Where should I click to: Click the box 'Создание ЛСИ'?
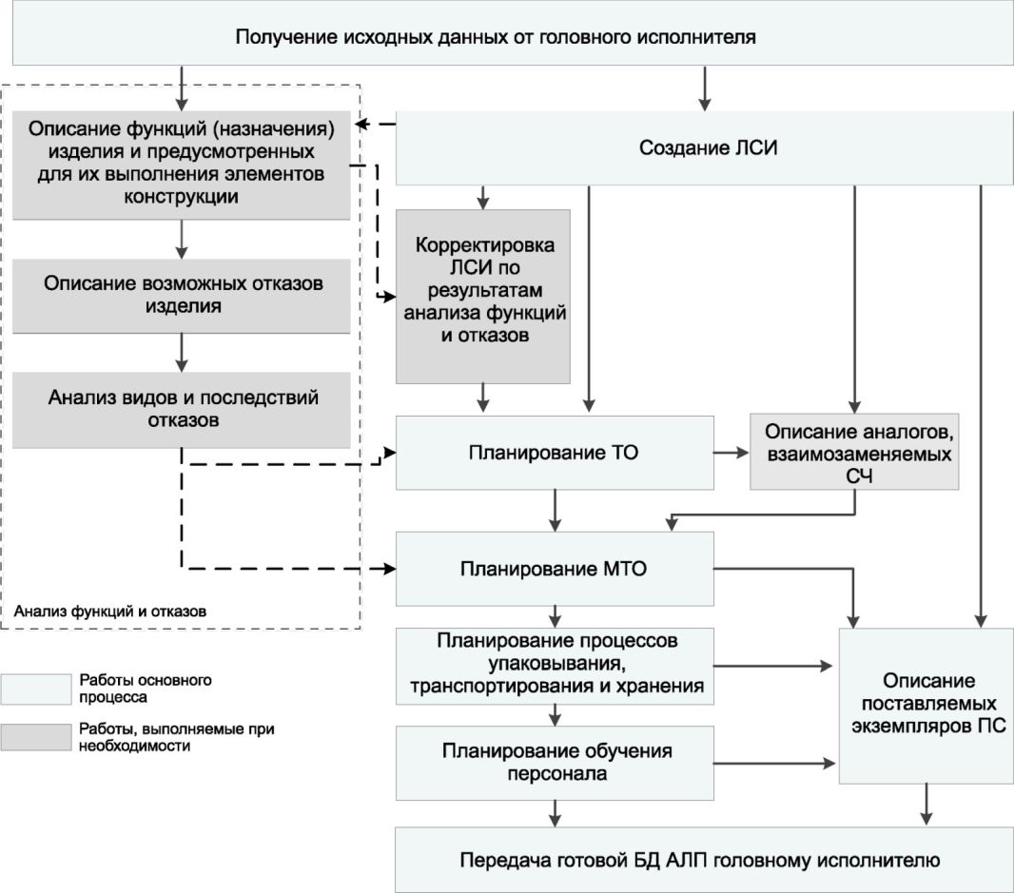tap(705, 148)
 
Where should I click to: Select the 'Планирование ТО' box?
tap(555, 453)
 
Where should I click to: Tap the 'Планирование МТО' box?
tap(555, 569)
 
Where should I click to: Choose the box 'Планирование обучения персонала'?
tap(555, 763)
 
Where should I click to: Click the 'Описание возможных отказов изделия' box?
tap(182, 296)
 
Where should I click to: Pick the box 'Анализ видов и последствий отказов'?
tap(182, 410)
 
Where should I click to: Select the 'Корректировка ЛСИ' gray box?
tap(483, 296)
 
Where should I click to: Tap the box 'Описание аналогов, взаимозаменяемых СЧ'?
tap(854, 452)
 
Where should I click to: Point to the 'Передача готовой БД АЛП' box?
tap(705, 860)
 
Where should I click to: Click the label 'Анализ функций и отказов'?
tap(110, 612)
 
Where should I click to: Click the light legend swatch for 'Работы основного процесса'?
tap(35, 689)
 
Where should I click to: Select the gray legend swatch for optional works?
tap(35, 737)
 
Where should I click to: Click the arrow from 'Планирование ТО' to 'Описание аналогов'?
tap(731, 453)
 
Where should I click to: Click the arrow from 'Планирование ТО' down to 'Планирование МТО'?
tap(555, 511)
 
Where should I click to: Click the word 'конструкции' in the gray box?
tap(182, 197)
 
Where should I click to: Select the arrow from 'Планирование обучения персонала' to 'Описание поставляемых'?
tap(774, 764)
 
